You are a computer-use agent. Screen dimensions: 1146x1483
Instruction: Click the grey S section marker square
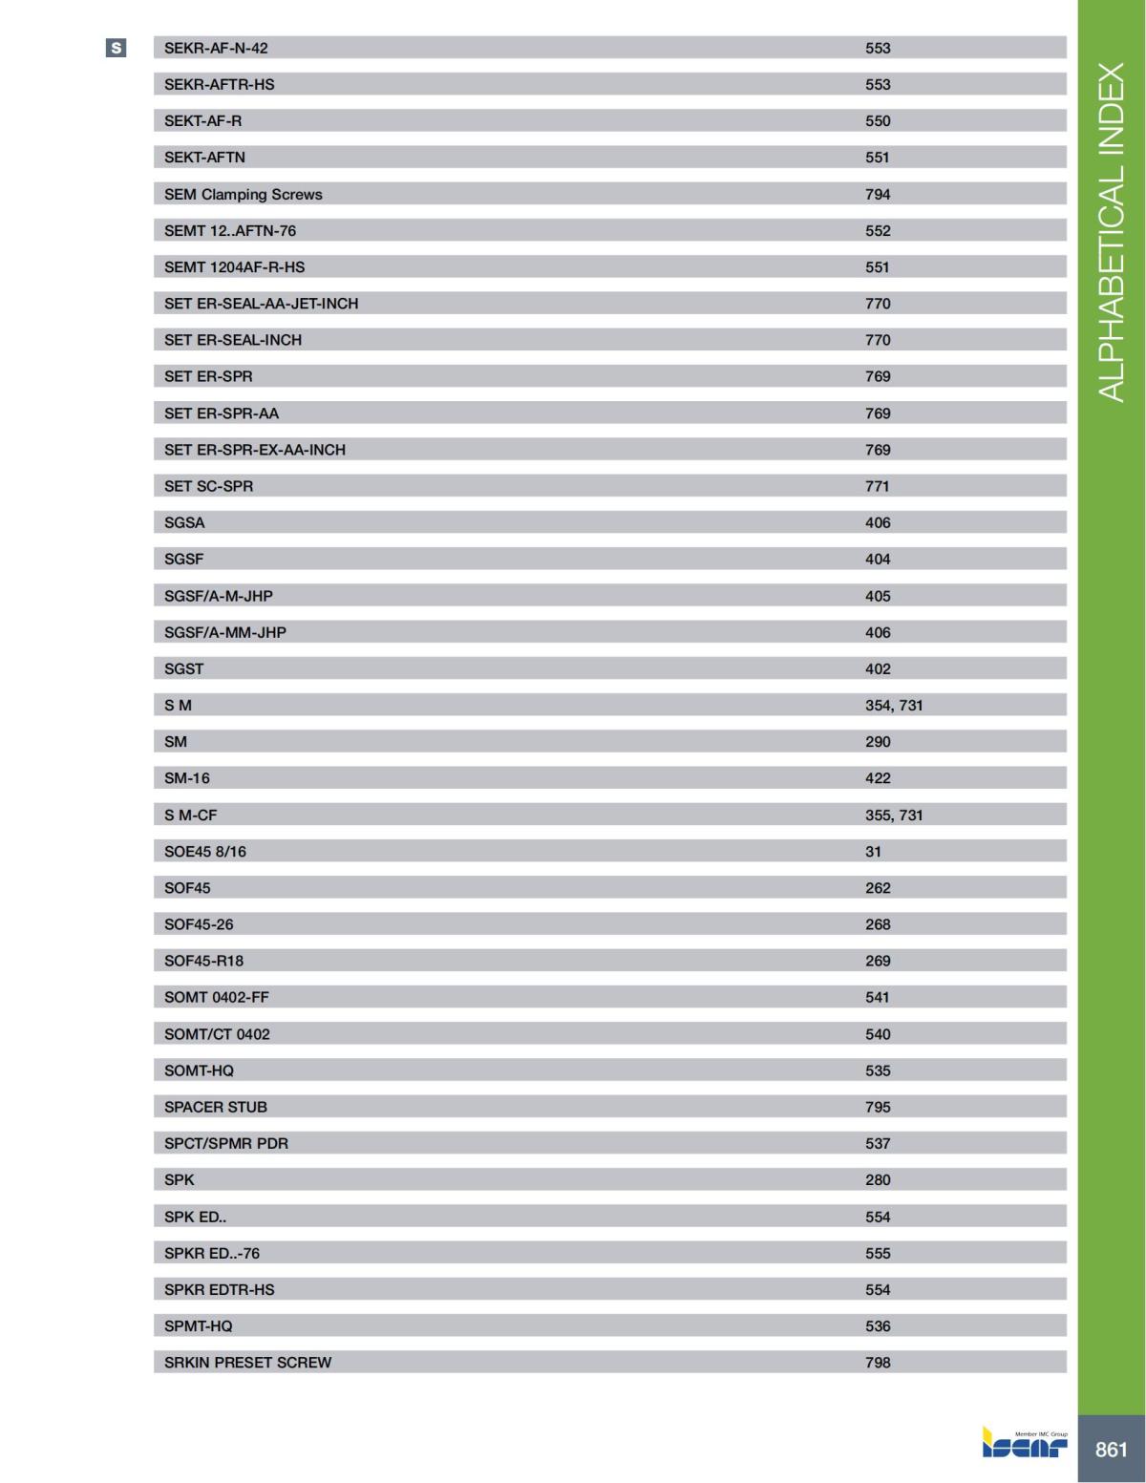click(x=116, y=48)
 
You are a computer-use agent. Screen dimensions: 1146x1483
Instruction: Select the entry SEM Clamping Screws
click(x=243, y=194)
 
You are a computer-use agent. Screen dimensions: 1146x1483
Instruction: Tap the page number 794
click(x=877, y=194)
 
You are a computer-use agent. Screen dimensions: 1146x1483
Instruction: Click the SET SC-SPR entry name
click(x=208, y=486)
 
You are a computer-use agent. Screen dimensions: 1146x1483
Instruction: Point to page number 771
click(x=877, y=486)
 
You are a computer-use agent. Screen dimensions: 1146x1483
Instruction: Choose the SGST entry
click(x=183, y=668)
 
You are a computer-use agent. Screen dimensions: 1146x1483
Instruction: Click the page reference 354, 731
click(x=894, y=705)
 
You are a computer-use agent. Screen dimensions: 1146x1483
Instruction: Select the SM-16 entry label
click(x=186, y=778)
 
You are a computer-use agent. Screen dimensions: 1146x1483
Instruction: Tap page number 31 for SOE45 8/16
click(x=873, y=851)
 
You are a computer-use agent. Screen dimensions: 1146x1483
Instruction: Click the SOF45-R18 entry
click(x=203, y=961)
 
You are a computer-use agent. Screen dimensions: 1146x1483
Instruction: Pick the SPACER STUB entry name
click(x=215, y=1107)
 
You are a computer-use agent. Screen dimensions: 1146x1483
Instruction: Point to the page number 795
click(x=877, y=1107)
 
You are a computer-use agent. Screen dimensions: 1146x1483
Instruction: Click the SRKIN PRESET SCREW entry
click(x=247, y=1363)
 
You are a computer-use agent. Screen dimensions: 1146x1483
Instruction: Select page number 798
click(x=877, y=1363)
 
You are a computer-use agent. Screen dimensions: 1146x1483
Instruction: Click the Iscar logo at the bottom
click(x=1025, y=1444)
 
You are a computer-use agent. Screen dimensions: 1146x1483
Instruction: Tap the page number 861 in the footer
click(x=1111, y=1449)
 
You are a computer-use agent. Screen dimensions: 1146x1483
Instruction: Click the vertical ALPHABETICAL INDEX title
click(x=1111, y=232)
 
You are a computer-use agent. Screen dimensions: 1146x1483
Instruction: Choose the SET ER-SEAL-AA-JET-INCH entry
click(x=261, y=304)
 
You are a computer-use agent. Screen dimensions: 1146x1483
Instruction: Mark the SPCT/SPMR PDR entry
click(x=225, y=1143)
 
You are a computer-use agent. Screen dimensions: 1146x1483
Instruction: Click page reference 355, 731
click(x=894, y=815)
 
